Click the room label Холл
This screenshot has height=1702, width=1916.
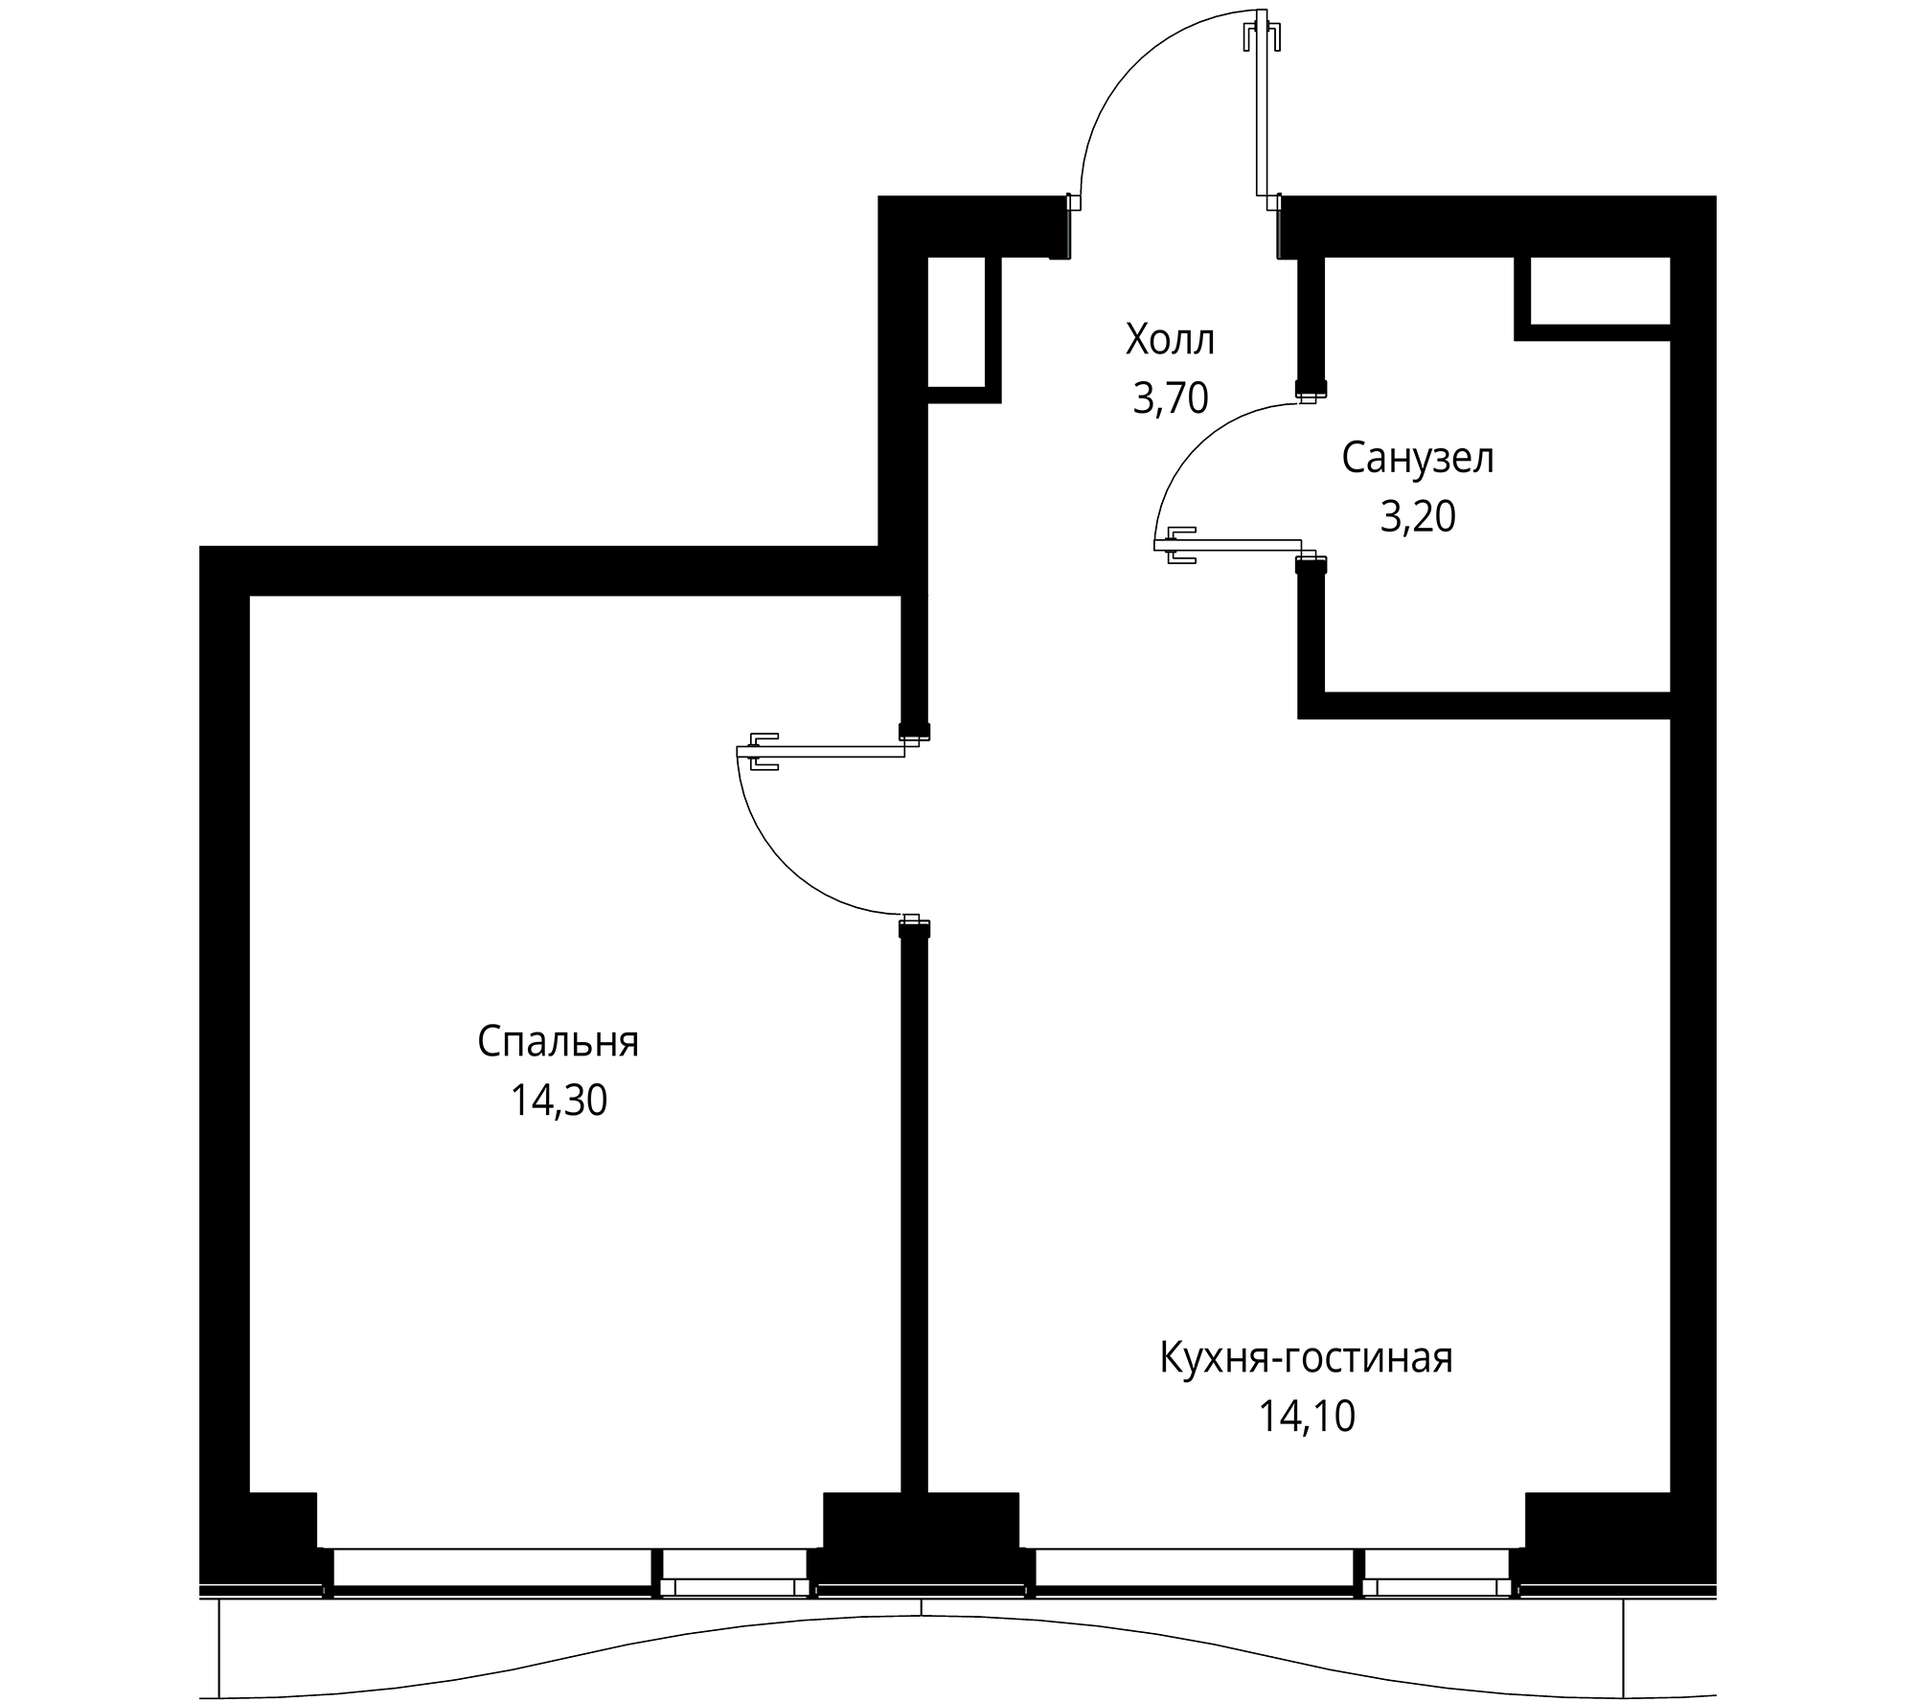(x=1171, y=340)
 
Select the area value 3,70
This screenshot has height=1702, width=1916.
(x=1171, y=398)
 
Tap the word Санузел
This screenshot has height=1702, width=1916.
(x=1417, y=460)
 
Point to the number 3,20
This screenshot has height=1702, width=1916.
(x=1417, y=518)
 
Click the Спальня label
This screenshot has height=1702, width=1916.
(x=558, y=1042)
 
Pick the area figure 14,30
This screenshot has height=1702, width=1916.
(x=558, y=1101)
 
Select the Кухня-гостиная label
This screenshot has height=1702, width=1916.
(x=1306, y=1358)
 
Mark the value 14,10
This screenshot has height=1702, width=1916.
(x=1306, y=1418)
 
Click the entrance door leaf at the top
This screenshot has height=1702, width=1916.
(x=1264, y=105)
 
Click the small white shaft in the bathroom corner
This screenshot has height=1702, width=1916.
(x=1600, y=290)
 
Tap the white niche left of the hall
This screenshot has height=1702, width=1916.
(x=957, y=322)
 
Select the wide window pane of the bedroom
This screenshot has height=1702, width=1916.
(x=492, y=1569)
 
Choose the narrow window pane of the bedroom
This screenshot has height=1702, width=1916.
(x=734, y=1569)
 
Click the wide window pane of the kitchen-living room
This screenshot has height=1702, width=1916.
(x=1195, y=1569)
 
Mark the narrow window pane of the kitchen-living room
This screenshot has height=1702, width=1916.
(x=1436, y=1569)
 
